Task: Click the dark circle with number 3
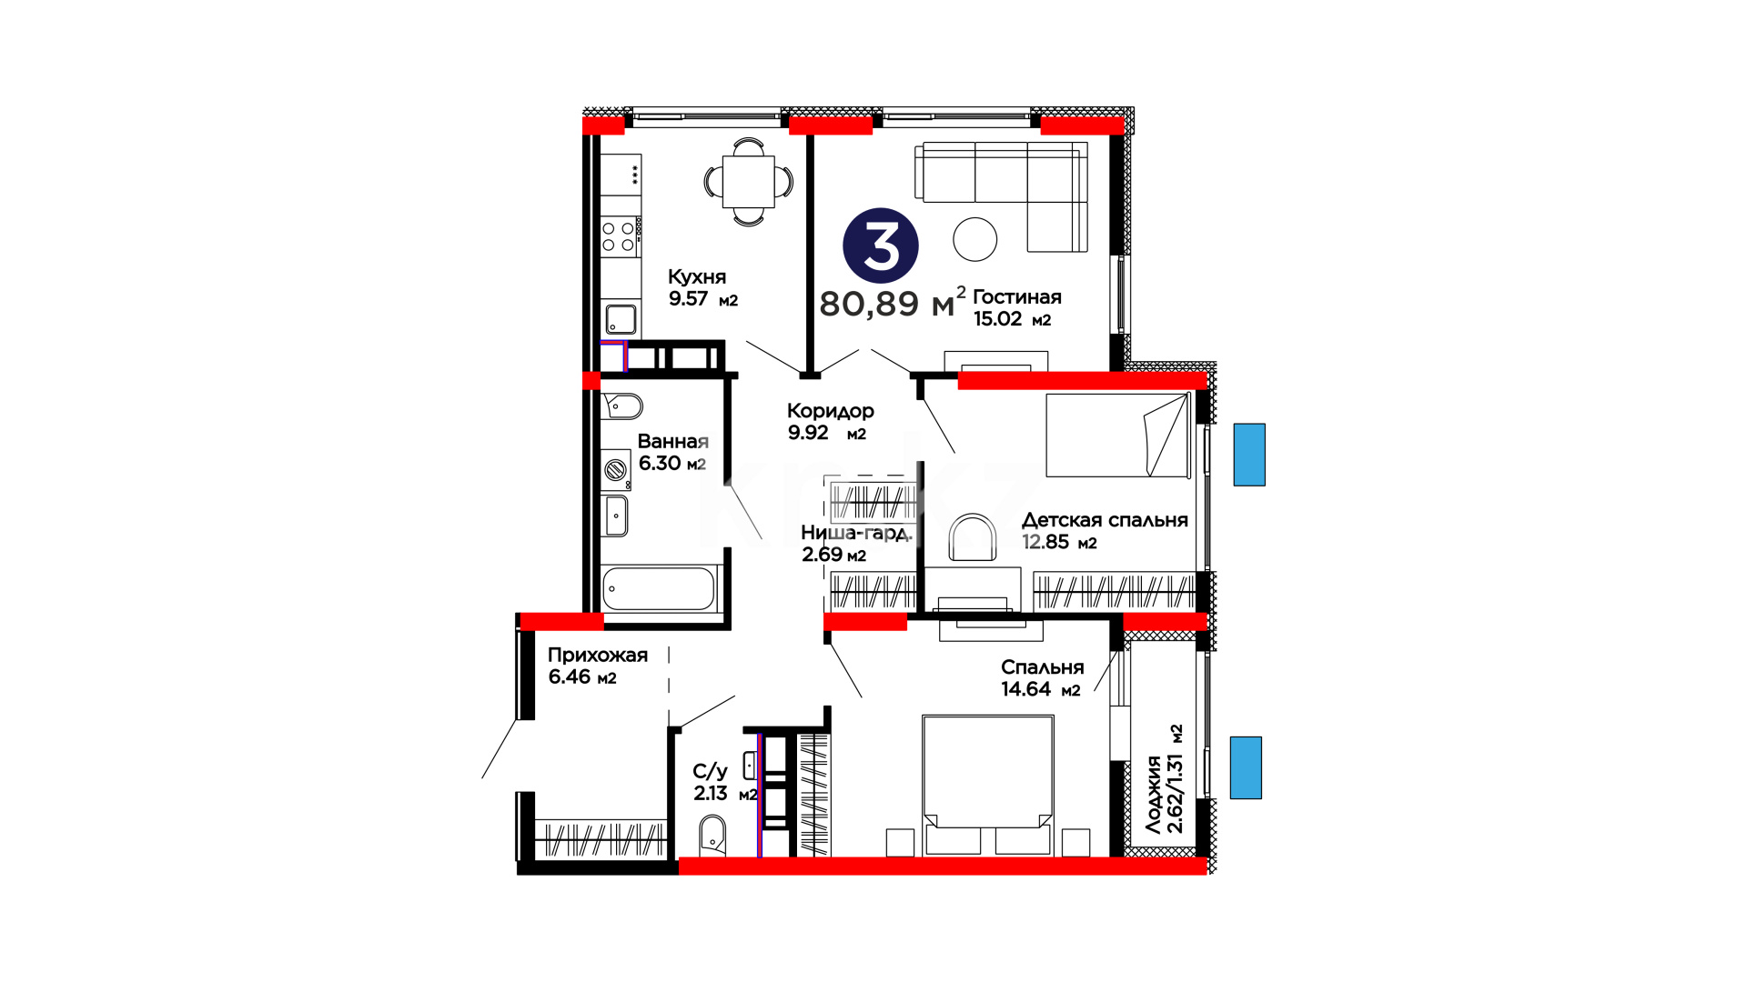click(881, 245)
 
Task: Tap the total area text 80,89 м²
click(892, 303)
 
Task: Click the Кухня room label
click(697, 276)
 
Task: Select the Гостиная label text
click(1017, 296)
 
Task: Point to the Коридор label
click(831, 411)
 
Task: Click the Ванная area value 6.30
click(660, 463)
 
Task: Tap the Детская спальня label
click(1105, 520)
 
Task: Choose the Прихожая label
click(598, 655)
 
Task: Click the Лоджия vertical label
click(1153, 795)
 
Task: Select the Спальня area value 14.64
click(1026, 689)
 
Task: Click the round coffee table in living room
click(975, 239)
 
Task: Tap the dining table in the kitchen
click(749, 182)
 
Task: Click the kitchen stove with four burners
click(620, 235)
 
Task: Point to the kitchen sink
click(621, 319)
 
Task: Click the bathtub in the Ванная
click(660, 589)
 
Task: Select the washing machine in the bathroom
click(616, 470)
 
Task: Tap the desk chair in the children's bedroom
click(973, 537)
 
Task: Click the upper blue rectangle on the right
click(1249, 455)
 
